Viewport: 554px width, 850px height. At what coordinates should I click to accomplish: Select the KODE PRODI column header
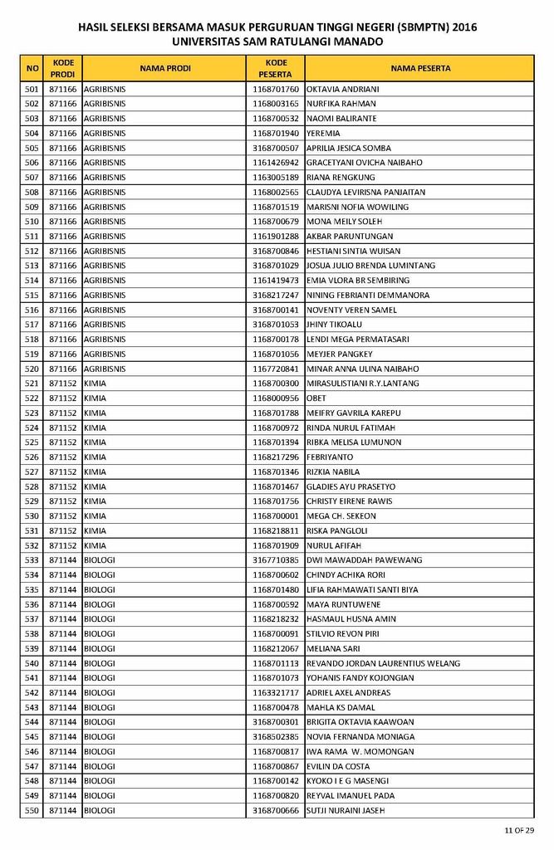pos(63,68)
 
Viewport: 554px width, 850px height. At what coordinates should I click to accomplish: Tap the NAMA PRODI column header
pos(164,68)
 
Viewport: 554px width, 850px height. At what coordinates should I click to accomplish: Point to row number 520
pos(32,369)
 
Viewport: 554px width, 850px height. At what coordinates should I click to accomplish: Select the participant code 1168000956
pos(276,398)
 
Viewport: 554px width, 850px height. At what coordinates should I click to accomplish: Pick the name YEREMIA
pos(323,133)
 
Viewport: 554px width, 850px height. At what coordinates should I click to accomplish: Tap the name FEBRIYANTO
pos(330,457)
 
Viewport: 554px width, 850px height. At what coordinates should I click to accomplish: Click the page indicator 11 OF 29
pos(518,830)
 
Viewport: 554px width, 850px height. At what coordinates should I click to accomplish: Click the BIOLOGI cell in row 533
pos(100,560)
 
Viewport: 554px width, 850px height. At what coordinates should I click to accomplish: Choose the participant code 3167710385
pos(276,560)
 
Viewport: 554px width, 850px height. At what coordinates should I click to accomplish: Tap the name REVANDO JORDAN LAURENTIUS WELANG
pos(383,663)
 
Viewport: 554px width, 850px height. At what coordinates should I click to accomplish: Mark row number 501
pos(32,89)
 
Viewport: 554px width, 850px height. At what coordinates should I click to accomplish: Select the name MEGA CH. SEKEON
pos(341,516)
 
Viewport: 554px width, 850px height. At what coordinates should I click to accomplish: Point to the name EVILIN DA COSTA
pos(338,766)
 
